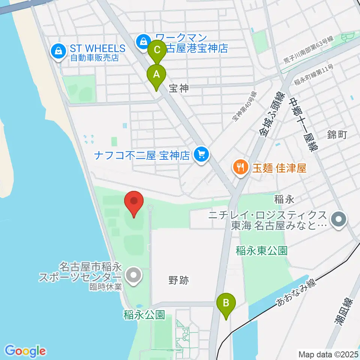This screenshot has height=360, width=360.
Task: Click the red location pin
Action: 134,203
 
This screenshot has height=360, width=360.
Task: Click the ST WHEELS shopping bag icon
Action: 58,52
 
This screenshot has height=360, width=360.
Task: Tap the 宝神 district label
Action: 178,88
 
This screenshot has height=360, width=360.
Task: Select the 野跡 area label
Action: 178,280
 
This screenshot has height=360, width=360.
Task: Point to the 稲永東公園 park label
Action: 262,250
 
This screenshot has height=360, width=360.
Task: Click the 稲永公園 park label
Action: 144,315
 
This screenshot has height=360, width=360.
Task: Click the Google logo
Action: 25,351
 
